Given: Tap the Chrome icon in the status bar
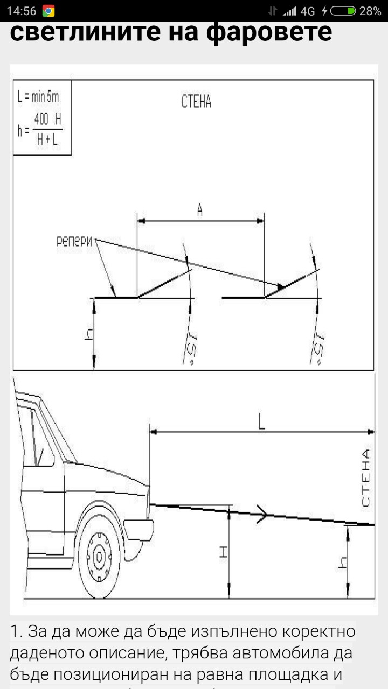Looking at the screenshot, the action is [48, 11].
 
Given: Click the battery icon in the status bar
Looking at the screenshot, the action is [343, 11].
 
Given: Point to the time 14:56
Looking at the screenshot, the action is [22, 11].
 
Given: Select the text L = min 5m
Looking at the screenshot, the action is [38, 97].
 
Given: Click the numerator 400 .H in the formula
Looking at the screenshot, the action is [48, 119].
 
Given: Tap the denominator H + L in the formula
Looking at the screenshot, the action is [47, 140].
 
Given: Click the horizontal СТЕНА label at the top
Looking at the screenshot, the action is [196, 101].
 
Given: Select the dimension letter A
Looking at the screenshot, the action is [200, 210].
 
